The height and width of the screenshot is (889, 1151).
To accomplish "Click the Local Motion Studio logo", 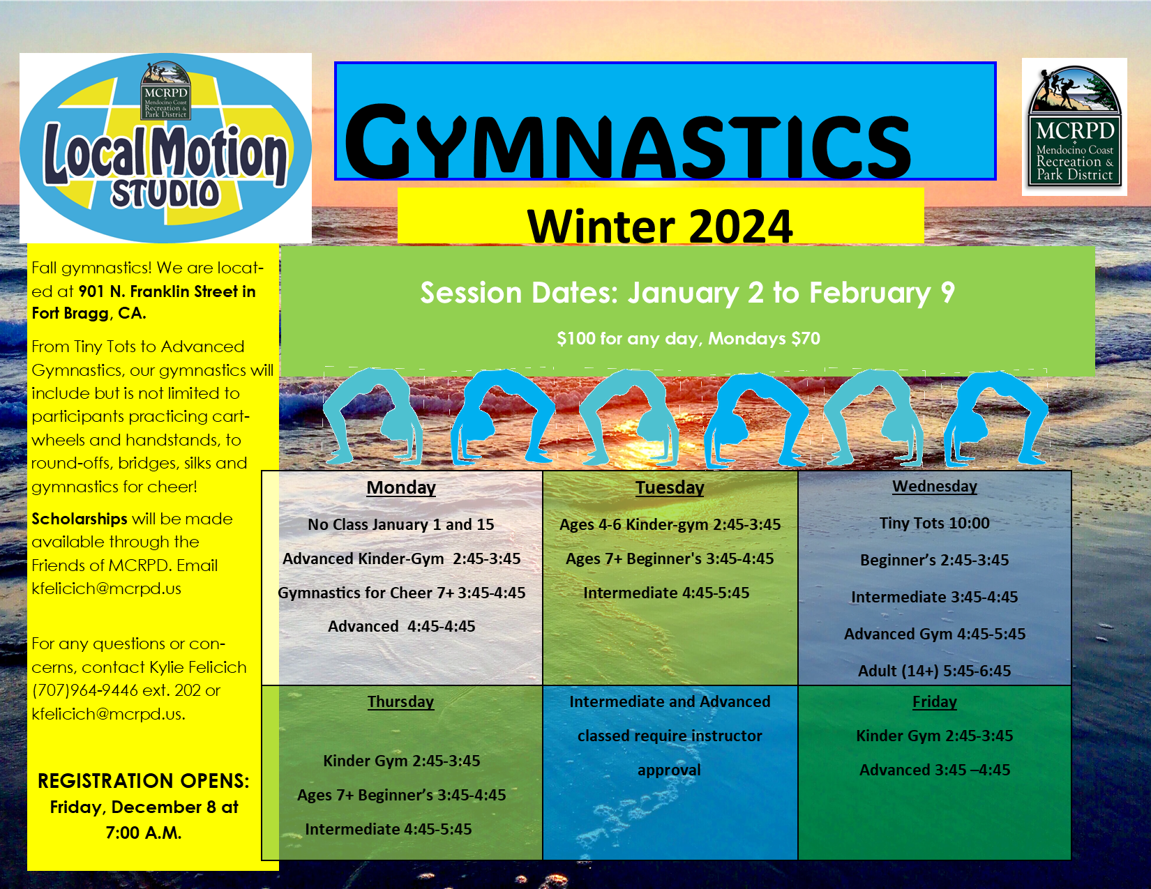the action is pyautogui.click(x=165, y=148).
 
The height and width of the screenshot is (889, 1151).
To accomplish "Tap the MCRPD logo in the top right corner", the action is pyautogui.click(x=1074, y=126).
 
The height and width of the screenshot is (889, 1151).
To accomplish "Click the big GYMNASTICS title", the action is pyautogui.click(x=628, y=140).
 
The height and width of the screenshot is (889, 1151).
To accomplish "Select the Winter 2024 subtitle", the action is pyautogui.click(x=660, y=225).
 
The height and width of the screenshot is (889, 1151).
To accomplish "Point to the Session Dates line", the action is pyautogui.click(x=688, y=292).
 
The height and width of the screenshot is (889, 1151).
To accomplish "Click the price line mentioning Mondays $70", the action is pyautogui.click(x=688, y=338).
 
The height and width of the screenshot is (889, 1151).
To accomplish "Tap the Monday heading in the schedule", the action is pyautogui.click(x=401, y=487).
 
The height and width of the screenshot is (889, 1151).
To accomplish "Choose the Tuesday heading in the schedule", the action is pyautogui.click(x=670, y=487).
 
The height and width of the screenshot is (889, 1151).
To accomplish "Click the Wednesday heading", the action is pyautogui.click(x=934, y=486).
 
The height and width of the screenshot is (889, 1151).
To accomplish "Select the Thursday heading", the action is pyautogui.click(x=400, y=701).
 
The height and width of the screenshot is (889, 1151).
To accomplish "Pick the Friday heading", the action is pyautogui.click(x=934, y=701).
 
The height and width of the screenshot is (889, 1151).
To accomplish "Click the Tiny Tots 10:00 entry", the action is pyautogui.click(x=934, y=523).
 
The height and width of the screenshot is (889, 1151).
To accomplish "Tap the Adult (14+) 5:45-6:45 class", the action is pyautogui.click(x=934, y=671).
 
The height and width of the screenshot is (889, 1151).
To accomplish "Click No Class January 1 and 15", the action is pyautogui.click(x=401, y=524).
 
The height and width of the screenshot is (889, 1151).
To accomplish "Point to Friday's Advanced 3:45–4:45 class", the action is pyautogui.click(x=934, y=770).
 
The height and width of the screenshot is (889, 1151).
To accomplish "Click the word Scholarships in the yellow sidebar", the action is pyautogui.click(x=80, y=519).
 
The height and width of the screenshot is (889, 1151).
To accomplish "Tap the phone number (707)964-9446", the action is pyautogui.click(x=85, y=690).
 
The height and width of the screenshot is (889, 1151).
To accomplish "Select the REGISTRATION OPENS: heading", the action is pyautogui.click(x=144, y=781).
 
